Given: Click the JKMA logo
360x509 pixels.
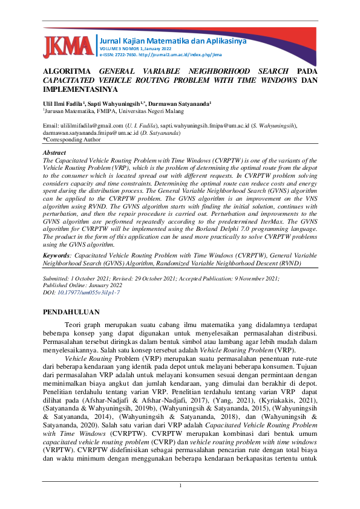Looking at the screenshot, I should (x=68, y=47).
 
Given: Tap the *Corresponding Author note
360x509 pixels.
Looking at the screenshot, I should (x=71, y=139).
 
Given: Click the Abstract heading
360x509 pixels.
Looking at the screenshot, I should (x=55, y=153).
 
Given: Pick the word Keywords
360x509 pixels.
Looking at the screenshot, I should (x=56, y=256).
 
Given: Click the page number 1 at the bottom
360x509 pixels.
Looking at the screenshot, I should (x=180, y=487).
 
